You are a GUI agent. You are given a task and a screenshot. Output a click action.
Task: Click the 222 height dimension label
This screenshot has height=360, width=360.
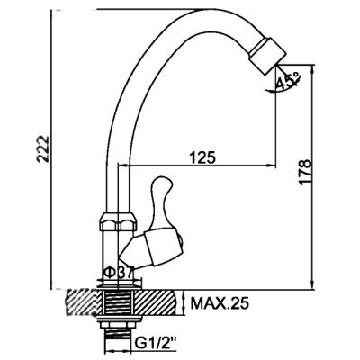[x=43, y=149]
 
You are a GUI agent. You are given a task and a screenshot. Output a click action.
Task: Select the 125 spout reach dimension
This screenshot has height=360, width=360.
[x=202, y=157]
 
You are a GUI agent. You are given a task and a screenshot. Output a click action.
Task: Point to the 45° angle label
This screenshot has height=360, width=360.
[x=288, y=80]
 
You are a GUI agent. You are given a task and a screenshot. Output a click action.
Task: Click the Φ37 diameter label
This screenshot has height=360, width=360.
[x=118, y=273]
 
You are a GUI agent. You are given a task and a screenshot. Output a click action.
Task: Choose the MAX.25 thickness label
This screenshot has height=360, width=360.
[x=220, y=304]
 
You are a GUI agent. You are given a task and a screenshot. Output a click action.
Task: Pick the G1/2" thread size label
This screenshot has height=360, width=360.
[x=156, y=342]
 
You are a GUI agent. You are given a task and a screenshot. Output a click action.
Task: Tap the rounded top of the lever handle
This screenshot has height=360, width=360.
[x=161, y=184]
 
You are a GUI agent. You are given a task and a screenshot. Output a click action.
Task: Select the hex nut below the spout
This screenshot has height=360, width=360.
[x=119, y=221]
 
